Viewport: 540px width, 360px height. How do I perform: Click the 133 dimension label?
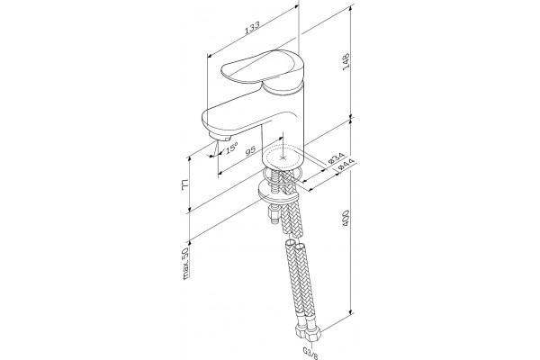tap(252, 28)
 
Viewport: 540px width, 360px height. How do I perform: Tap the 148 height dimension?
tap(346, 61)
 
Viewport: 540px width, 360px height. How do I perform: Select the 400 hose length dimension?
tap(346, 219)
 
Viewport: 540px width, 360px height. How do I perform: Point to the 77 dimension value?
tap(185, 185)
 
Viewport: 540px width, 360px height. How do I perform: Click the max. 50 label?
tap(185, 264)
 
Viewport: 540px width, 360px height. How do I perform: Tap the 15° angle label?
tap(231, 148)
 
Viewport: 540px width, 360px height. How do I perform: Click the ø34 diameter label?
tap(336, 157)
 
